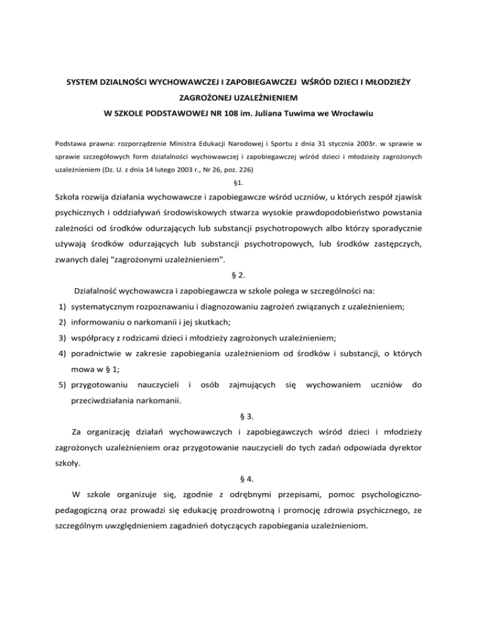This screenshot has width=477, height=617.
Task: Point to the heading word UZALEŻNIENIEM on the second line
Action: (260, 98)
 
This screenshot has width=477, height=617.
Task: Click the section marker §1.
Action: (238, 184)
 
